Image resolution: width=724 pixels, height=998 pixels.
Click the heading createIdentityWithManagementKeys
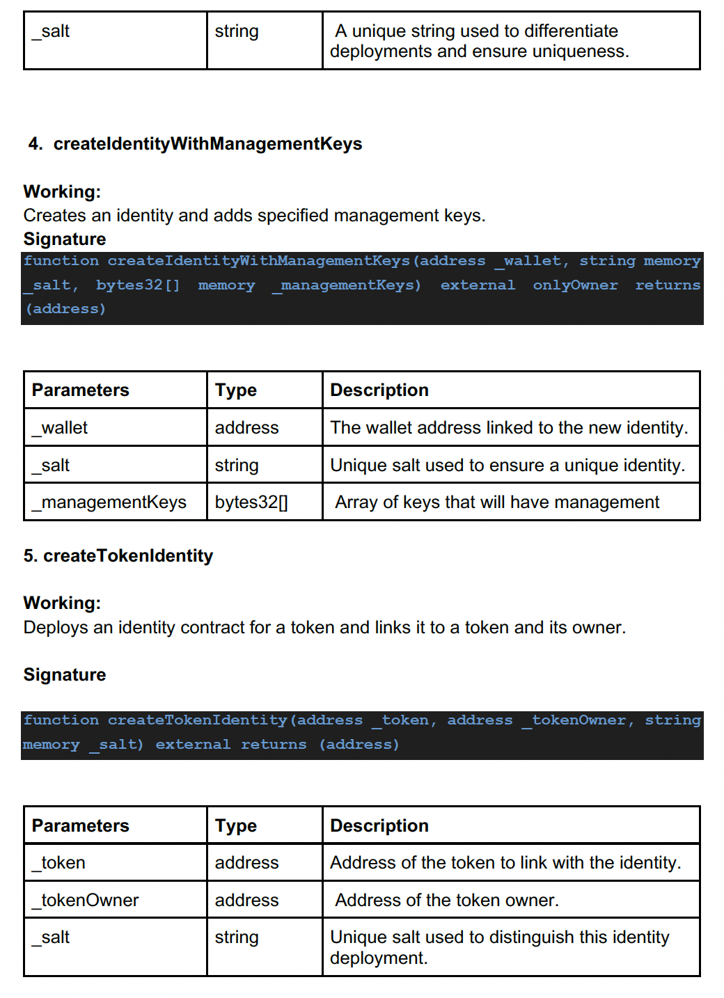point(207,144)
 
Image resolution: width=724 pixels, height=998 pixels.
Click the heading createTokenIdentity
point(128,556)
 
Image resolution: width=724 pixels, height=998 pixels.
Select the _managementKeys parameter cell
point(109,502)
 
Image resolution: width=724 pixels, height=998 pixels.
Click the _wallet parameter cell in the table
point(60,428)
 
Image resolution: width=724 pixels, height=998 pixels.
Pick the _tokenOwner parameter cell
point(86,901)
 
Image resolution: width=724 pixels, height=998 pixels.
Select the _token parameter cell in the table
point(58,863)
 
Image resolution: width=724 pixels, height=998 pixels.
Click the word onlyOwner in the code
point(575,285)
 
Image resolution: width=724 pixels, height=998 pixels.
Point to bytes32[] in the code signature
point(138,285)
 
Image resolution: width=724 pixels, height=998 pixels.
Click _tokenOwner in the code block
point(578,720)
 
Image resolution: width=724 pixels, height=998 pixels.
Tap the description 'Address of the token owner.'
point(446,901)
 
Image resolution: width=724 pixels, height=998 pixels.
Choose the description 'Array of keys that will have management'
point(497,502)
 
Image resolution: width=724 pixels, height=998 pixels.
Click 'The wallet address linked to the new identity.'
point(509,428)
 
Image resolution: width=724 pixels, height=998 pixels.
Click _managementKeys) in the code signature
point(346,285)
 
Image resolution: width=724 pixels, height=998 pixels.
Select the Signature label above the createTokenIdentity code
point(65,675)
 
